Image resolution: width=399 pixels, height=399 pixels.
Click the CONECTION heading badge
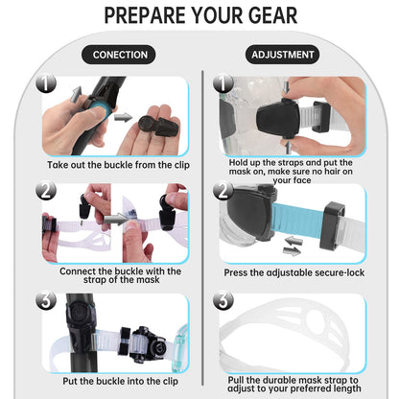119,55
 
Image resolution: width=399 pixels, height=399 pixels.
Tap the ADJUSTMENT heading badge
282,55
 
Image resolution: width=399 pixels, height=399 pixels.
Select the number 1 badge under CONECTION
46,83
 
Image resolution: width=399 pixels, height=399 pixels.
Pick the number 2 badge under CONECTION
46,191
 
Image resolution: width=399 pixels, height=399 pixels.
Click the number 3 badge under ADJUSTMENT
223,300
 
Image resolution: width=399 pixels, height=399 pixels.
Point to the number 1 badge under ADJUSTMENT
223,83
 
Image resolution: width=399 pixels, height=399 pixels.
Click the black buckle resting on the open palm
158,126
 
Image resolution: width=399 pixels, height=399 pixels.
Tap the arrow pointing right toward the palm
124,118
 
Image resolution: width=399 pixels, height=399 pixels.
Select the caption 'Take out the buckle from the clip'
118,165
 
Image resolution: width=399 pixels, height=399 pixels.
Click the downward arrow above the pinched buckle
287,86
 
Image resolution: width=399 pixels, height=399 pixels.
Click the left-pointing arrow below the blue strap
293,241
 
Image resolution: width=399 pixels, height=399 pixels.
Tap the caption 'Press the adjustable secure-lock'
293,272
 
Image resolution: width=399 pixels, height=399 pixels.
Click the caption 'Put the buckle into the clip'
120,381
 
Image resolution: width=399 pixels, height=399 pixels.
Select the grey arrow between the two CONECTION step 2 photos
115,220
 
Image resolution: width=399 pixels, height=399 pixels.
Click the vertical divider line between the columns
202,228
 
